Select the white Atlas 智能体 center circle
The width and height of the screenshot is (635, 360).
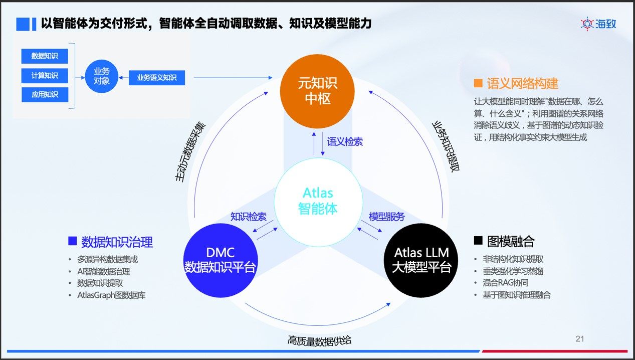318,201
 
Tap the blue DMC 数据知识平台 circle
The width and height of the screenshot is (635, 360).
221,260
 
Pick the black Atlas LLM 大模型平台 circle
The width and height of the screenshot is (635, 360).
421,260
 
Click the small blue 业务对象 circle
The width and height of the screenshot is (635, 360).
101,77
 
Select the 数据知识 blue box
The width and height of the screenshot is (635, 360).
45,56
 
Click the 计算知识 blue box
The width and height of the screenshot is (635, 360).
45,75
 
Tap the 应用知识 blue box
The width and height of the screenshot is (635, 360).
45,94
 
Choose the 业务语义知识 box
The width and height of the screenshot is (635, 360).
157,78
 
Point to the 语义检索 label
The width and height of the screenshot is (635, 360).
345,142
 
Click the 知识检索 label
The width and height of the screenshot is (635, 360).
248,217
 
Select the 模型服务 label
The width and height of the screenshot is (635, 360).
387,217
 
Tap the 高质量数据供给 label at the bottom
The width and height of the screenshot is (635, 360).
319,341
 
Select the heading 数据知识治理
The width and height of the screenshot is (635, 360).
117,242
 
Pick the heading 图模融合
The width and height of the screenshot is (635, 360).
511,242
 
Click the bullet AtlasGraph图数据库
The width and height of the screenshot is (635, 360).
111,295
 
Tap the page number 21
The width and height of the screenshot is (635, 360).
580,339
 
